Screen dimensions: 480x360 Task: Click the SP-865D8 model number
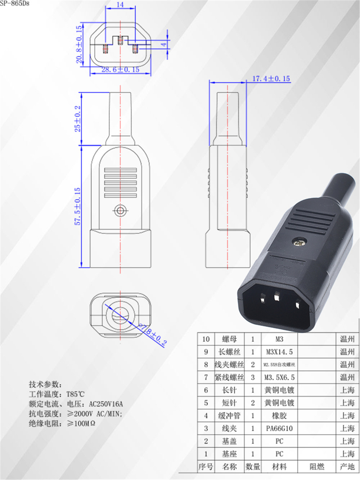14,3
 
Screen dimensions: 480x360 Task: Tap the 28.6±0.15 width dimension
120,69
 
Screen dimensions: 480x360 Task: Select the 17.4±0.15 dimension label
271,78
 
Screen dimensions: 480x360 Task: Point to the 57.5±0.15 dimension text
77,206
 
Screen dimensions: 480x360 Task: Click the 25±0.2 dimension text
77,118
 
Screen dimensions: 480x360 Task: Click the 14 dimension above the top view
120,5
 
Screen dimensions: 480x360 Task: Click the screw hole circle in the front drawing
120,210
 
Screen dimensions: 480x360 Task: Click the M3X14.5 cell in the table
279,352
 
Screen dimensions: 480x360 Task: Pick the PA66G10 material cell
279,429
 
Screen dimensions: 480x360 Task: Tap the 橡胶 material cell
279,416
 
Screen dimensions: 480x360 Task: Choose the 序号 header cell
206,467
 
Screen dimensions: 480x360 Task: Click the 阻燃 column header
317,467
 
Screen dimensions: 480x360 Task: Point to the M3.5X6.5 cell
279,377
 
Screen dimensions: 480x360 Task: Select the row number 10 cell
206,339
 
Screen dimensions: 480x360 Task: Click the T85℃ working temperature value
75,394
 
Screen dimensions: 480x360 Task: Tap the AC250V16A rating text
106,404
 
